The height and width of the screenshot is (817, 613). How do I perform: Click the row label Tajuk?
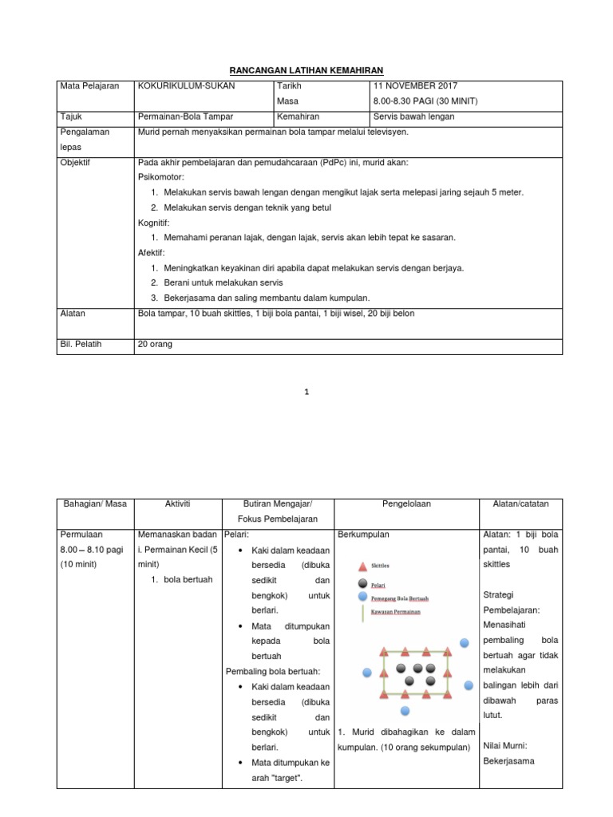pos(72,116)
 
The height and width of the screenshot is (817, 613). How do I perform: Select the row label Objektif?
pos(76,162)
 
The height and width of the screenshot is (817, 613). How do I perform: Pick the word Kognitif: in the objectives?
pos(155,223)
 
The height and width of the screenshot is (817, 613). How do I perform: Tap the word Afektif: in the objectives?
pos(152,252)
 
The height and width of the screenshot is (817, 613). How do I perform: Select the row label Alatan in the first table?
pos(74,314)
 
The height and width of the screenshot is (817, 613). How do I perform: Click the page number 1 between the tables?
pos(306,392)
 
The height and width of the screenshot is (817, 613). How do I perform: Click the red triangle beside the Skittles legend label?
pos(362,566)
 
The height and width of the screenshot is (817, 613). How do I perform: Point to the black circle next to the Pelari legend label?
pos(362,582)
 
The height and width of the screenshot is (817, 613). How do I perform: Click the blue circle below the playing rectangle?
pos(405,710)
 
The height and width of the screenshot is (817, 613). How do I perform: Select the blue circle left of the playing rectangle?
pos(367,673)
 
